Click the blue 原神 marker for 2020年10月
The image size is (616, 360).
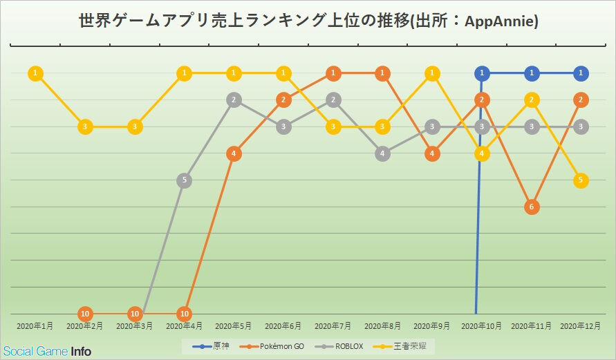(x=482, y=73)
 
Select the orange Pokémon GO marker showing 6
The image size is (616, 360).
(x=532, y=207)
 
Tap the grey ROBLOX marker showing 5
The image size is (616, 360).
(x=184, y=180)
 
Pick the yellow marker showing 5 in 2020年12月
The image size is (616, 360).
(x=581, y=180)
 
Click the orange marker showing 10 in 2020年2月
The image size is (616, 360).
(x=85, y=314)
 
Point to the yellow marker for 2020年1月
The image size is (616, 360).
(x=35, y=73)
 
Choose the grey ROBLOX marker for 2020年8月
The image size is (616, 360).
(x=382, y=153)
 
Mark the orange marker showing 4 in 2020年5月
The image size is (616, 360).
(x=234, y=153)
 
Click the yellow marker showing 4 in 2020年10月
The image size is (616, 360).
(x=482, y=153)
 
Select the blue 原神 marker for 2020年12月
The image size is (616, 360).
(x=581, y=73)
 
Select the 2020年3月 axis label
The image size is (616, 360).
(x=134, y=325)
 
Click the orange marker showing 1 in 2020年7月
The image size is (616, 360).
(x=333, y=73)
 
